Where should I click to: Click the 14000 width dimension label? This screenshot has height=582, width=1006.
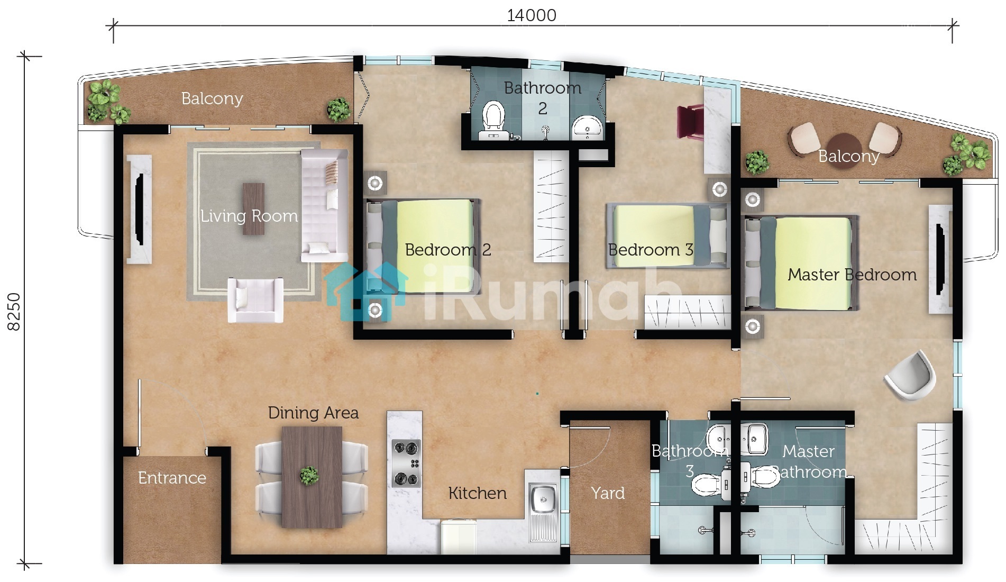click(x=532, y=15)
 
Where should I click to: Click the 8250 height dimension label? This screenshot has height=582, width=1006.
click(x=14, y=312)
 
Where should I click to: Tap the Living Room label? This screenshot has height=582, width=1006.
click(x=249, y=216)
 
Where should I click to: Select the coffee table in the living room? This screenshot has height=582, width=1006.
click(x=253, y=208)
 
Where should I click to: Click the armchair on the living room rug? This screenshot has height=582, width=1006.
click(x=255, y=300)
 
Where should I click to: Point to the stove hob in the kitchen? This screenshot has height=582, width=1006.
click(x=406, y=463)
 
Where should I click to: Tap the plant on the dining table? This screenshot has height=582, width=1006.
click(x=309, y=475)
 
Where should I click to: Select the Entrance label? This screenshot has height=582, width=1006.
click(x=172, y=478)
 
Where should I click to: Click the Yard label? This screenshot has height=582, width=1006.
click(x=608, y=493)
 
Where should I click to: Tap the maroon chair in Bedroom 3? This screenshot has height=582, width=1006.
click(x=690, y=122)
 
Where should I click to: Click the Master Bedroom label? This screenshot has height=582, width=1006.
click(x=852, y=275)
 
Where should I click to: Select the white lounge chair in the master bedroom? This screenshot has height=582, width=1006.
click(x=911, y=375)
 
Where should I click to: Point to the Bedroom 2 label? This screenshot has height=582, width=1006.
click(x=448, y=250)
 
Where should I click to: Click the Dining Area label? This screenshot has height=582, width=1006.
click(x=313, y=413)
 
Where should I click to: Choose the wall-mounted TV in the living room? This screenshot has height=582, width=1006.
click(x=140, y=209)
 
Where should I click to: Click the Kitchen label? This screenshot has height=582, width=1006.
click(x=477, y=493)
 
